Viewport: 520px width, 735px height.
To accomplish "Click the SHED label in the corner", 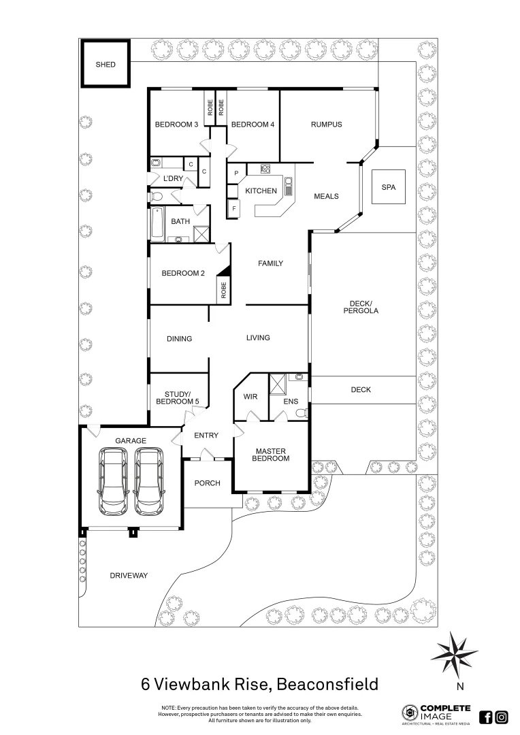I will [x=105, y=65].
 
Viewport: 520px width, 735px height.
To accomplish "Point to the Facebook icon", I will [x=486, y=717].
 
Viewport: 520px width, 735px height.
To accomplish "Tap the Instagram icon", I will [x=502, y=717].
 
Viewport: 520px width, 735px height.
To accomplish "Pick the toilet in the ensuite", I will [x=301, y=411].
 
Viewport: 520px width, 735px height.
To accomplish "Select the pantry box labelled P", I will [x=236, y=173].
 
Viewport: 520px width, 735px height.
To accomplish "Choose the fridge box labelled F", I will [x=234, y=208].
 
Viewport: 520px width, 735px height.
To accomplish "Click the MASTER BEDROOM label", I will [x=272, y=455].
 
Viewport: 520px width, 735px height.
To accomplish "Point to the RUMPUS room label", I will [x=326, y=125].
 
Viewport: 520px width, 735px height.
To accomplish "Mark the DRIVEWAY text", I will [x=129, y=575].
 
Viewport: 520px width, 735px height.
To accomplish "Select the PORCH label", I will [x=208, y=483].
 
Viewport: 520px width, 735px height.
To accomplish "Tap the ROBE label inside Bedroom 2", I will [x=223, y=291].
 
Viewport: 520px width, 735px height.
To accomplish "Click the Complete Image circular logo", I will [x=410, y=713].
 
